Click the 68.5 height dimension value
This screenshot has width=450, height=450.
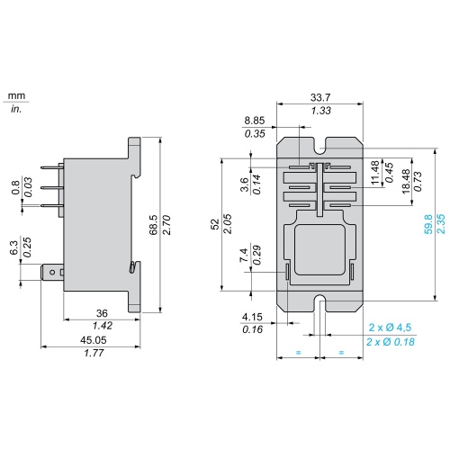(153, 225)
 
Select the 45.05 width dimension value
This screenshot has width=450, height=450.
(94, 340)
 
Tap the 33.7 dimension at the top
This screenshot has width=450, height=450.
(320, 97)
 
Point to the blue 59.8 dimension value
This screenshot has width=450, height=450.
(428, 224)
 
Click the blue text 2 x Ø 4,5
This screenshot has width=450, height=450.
(390, 328)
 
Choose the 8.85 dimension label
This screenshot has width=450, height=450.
(255, 121)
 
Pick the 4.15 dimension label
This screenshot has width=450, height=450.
(252, 317)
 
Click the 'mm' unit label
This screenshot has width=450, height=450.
(16, 96)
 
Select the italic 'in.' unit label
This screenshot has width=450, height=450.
(16, 109)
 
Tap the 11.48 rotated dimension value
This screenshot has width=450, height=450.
(375, 173)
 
